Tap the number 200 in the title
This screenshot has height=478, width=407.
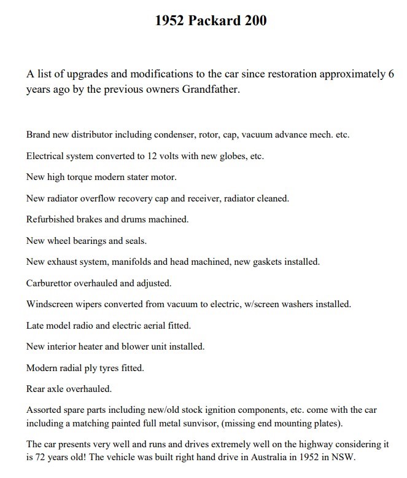pos(254,21)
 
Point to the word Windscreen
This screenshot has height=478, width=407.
pos(51,304)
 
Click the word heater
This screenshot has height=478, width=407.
pos(94,347)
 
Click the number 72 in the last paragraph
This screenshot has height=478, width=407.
pos(42,457)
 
